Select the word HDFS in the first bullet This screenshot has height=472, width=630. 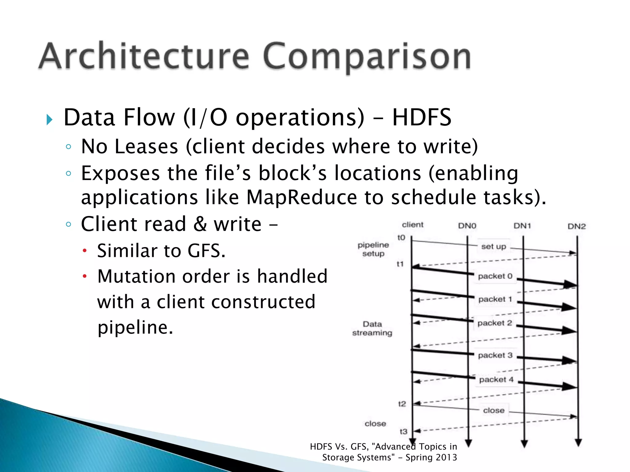421,117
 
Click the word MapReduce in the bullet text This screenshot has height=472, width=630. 301,197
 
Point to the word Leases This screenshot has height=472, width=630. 146,146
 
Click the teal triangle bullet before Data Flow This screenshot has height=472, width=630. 50,119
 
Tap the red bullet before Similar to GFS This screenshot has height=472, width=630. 85,251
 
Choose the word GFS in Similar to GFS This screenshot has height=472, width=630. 206,251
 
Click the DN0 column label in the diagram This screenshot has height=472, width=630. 467,226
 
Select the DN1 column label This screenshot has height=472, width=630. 522,226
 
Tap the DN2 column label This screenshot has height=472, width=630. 576,226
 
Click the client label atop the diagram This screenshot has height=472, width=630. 413,225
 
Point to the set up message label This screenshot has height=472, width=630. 493,246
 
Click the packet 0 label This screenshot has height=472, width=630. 495,276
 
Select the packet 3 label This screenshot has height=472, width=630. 495,355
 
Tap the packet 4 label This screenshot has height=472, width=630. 496,380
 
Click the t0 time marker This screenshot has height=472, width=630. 401,238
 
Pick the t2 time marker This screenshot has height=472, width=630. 402,404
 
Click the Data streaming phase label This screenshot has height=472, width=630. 372,328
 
